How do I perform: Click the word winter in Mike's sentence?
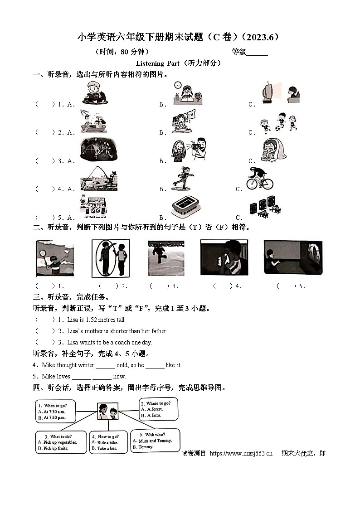pyautogui.click(x=86, y=365)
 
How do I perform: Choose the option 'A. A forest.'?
pyautogui.click(x=152, y=409)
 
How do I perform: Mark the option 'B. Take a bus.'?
pyautogui.click(x=104, y=448)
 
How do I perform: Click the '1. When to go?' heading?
pyautogui.click(x=52, y=405)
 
